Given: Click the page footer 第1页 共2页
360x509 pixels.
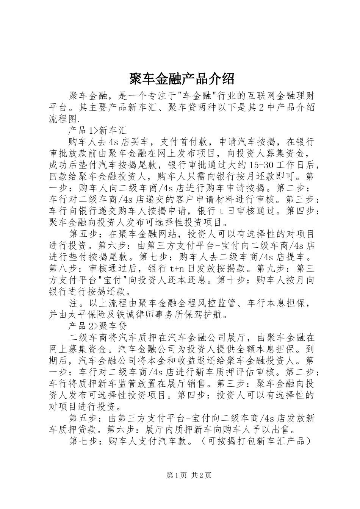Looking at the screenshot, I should pyautogui.click(x=189, y=475).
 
